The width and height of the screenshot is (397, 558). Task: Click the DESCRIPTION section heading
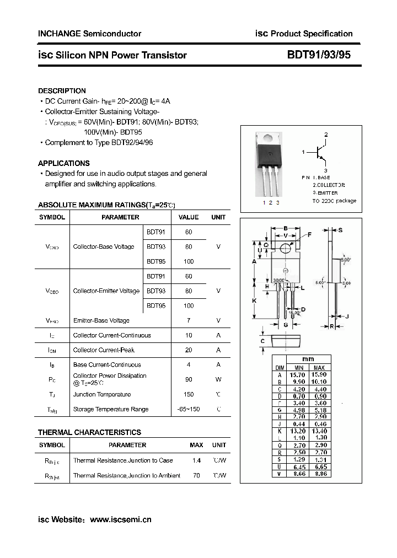click(x=62, y=90)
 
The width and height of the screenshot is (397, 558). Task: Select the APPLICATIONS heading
click(x=63, y=163)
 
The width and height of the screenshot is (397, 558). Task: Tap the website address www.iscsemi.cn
click(x=120, y=519)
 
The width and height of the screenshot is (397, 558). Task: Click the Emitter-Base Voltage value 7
click(x=189, y=320)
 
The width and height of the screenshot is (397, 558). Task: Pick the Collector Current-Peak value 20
click(x=189, y=350)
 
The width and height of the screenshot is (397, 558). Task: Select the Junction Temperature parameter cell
click(x=102, y=394)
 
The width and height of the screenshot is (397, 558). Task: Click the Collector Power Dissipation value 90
click(x=189, y=379)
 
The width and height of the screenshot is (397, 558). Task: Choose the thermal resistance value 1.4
click(x=196, y=460)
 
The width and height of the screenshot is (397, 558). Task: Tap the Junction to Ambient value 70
click(x=196, y=475)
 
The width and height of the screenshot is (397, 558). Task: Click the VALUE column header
click(x=189, y=217)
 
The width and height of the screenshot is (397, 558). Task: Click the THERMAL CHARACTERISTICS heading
click(x=89, y=432)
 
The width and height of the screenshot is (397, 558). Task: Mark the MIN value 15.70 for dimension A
click(x=298, y=374)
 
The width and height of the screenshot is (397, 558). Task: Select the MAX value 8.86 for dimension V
click(x=319, y=474)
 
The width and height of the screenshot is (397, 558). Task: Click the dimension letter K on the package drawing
click(x=254, y=301)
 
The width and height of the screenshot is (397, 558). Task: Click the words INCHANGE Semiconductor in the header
click(x=89, y=34)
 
